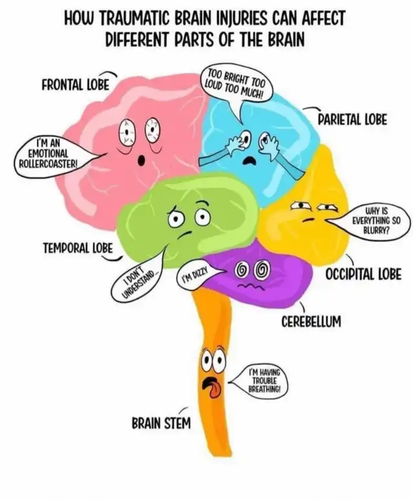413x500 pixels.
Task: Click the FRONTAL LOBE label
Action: pos(75,85)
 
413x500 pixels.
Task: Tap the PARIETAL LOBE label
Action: pos(352,120)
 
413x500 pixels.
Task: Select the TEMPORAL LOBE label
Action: pos(78,247)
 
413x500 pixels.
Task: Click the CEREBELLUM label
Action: pos(311,321)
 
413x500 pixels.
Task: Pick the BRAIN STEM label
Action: pos(161,424)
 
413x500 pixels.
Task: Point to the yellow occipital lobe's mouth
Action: pos(310,219)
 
